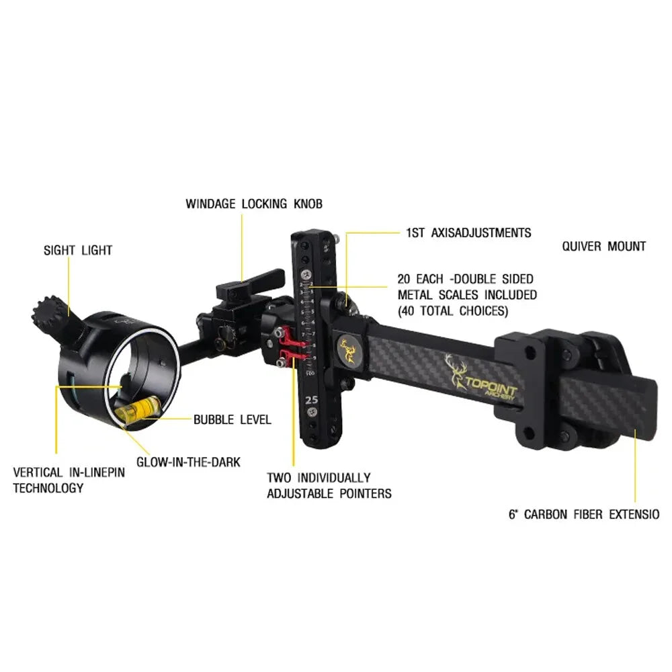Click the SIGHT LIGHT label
click(78, 251)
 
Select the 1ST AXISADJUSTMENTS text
click(468, 233)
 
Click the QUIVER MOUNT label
click(603, 247)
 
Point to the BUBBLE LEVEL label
click(232, 420)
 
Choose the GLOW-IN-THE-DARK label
click(188, 462)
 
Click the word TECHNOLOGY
click(48, 489)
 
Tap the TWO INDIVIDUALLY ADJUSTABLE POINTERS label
click(329, 486)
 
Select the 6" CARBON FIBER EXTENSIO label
click(583, 515)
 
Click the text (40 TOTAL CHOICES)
click(452, 311)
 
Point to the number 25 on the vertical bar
click(311, 399)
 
